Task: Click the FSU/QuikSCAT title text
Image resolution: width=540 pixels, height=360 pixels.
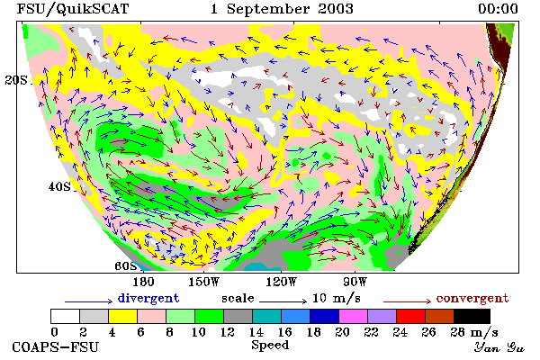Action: [x=73, y=9]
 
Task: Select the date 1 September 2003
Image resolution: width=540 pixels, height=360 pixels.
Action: [x=282, y=9]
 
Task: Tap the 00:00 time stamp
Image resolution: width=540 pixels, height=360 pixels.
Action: [x=498, y=9]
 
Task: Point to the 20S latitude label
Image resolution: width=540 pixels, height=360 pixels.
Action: [x=16, y=80]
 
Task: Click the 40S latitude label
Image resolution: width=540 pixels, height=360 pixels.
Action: [x=59, y=186]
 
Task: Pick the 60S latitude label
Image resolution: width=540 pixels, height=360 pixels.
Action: [x=126, y=265]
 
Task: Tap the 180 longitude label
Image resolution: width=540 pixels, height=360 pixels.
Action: [x=143, y=282]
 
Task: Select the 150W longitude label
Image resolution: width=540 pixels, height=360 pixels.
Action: [x=204, y=282]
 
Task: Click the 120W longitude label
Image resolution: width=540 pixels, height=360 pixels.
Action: [x=281, y=282]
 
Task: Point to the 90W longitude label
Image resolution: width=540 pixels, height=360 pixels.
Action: [x=355, y=282]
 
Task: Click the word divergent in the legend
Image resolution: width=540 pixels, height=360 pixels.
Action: [x=148, y=298]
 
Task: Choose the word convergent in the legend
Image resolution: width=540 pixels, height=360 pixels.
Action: [x=472, y=298]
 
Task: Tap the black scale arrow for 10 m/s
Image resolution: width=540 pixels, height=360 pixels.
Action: [x=283, y=301]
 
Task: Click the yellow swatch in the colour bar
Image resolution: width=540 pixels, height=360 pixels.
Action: [x=122, y=316]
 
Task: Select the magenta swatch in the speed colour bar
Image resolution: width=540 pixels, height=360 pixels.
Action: [x=353, y=316]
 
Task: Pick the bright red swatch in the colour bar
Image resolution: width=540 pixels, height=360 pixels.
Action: [x=410, y=316]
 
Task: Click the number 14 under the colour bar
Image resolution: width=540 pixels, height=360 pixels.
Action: [x=256, y=332]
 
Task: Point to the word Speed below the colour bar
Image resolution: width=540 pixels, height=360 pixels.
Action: [x=270, y=345]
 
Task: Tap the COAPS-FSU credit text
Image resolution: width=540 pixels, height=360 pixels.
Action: [x=55, y=346]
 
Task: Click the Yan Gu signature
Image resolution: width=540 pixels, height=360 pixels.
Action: [x=499, y=347]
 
